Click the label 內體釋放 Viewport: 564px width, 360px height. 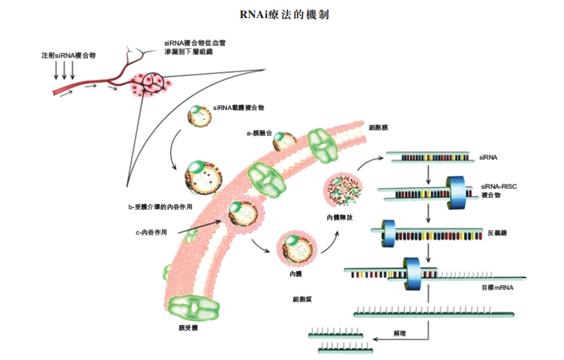point(341,217)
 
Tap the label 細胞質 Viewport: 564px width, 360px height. point(303,299)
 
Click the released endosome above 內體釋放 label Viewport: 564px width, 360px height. point(341,190)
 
